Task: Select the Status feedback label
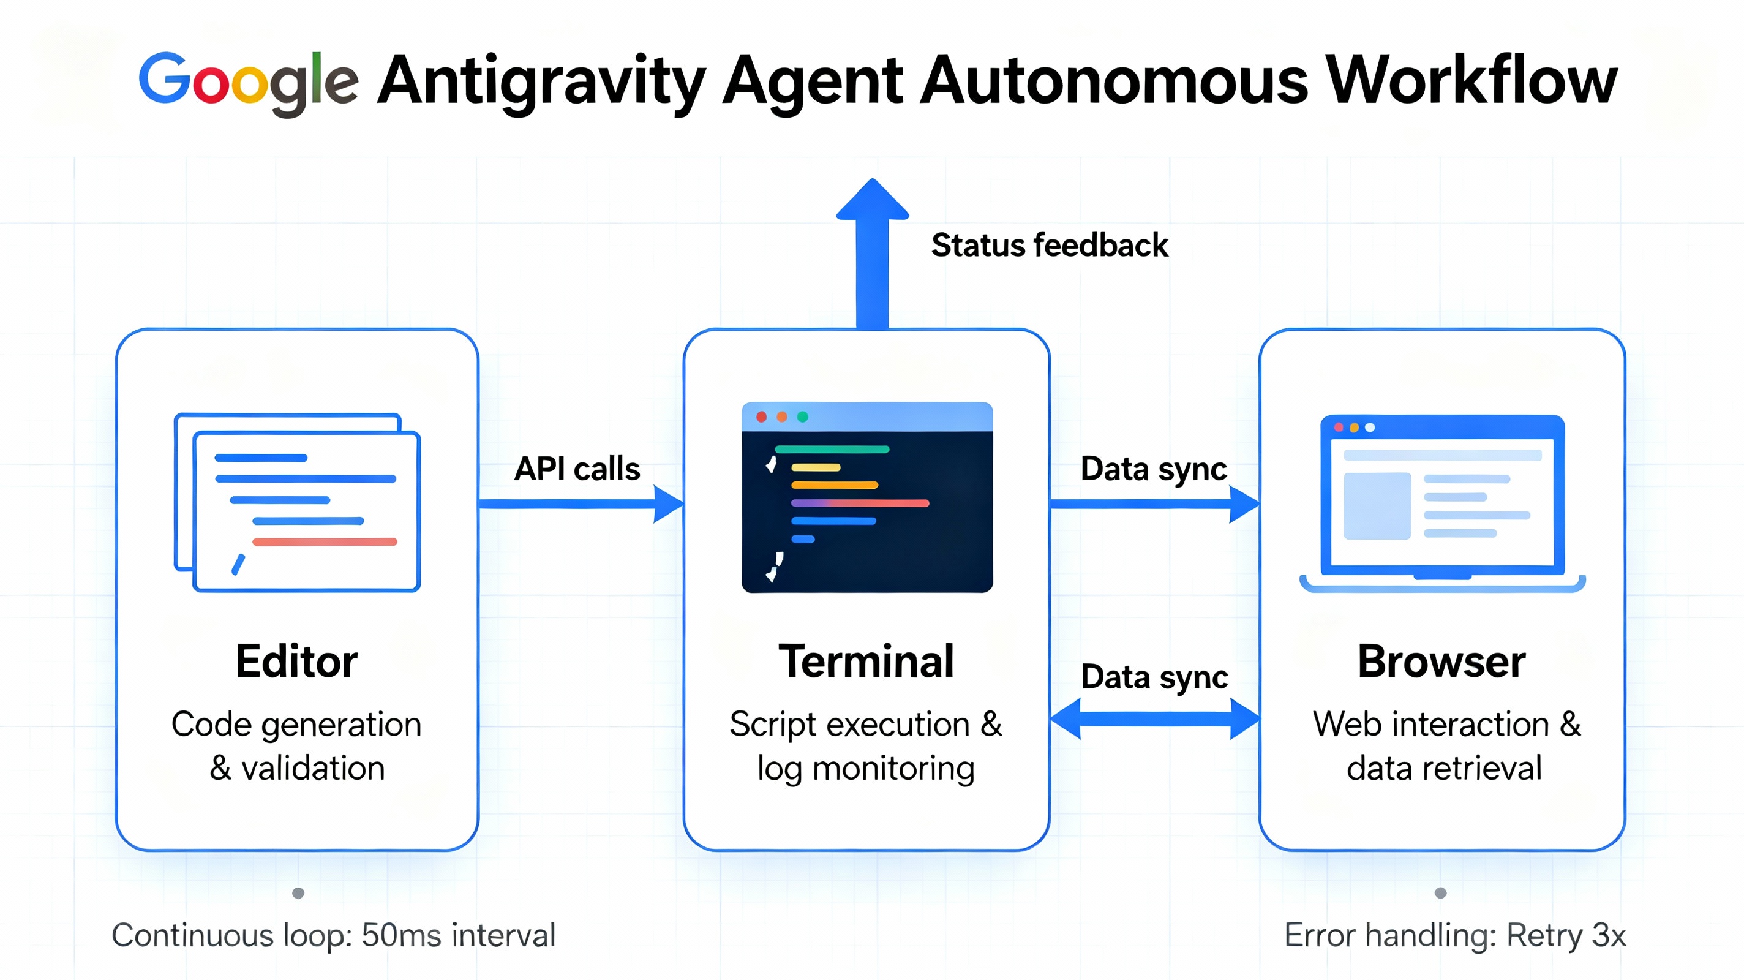1049,245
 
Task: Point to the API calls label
577,469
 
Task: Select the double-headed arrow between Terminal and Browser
1154,718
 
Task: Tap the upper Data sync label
1153,469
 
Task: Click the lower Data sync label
1154,677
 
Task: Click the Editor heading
296,661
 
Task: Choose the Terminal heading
866,661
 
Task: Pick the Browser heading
1441,661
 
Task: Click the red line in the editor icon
325,542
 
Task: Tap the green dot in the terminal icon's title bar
802,417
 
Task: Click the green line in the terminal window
832,449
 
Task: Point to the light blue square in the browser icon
1377,506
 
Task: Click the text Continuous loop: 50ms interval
333,935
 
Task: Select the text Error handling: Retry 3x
1454,935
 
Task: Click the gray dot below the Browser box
1441,892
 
